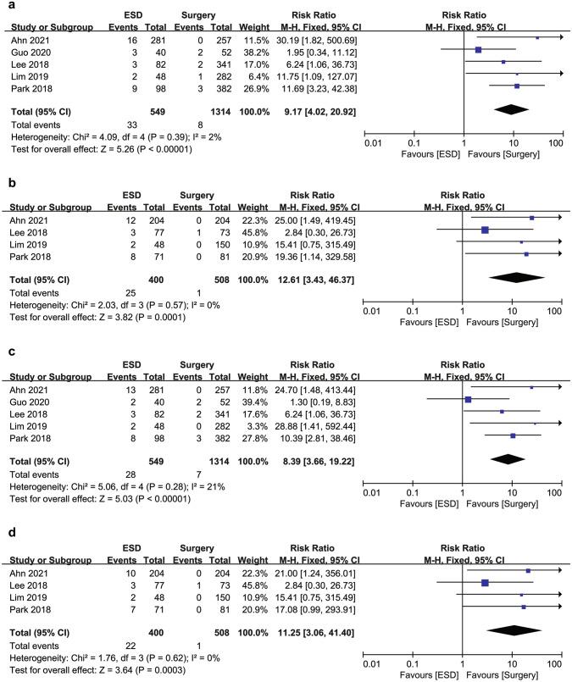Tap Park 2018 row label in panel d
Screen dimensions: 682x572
(27, 607)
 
